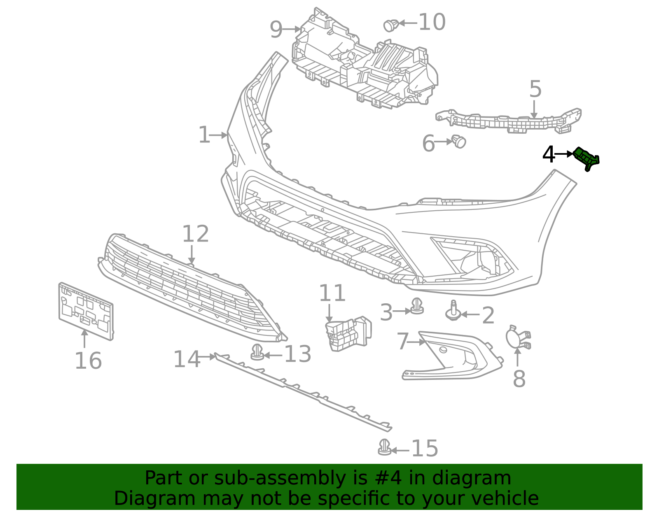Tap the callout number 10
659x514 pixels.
point(432,22)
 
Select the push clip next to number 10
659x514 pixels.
point(390,26)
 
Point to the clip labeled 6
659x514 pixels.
point(459,141)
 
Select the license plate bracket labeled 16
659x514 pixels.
point(86,312)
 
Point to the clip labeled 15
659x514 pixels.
point(384,448)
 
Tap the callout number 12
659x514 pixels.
point(195,234)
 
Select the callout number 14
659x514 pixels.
point(187,359)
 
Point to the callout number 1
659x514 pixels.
point(204,135)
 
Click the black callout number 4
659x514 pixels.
point(549,155)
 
